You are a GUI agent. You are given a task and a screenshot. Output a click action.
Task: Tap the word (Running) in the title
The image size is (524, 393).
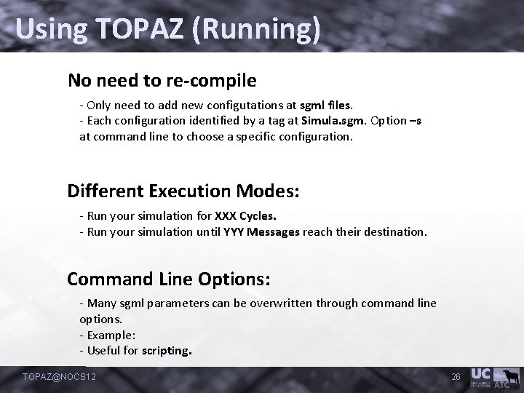point(261,30)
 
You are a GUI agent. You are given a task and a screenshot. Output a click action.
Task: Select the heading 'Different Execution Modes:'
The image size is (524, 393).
point(183,191)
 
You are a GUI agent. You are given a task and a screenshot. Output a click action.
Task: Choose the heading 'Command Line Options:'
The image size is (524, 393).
point(169,279)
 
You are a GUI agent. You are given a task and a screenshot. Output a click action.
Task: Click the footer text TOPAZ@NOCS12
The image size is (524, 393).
point(60,376)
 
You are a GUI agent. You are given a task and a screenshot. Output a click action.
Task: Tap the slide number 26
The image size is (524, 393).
point(456,376)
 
